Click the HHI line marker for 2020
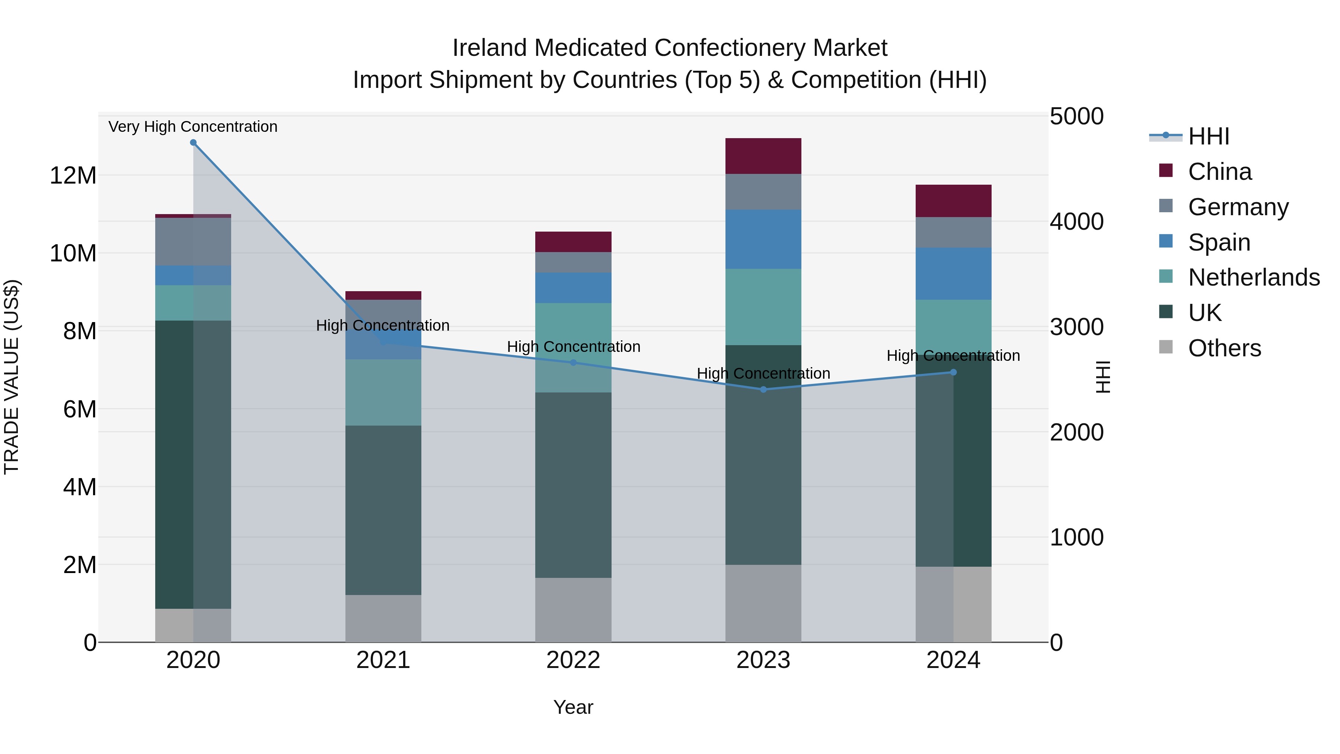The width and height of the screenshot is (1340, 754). (x=193, y=143)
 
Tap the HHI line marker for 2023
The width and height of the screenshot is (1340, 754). (x=763, y=389)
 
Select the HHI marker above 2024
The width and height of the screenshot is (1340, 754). (x=953, y=372)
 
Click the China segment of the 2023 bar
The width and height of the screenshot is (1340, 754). (x=763, y=156)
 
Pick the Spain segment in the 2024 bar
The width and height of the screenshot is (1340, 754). (x=953, y=274)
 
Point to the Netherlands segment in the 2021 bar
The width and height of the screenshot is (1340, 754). (x=383, y=392)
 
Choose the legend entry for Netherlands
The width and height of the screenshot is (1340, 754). (x=1254, y=277)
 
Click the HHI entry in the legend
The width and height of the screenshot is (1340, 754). (x=1208, y=136)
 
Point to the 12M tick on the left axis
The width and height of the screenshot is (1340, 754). (x=73, y=175)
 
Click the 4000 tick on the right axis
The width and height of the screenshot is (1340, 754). (x=1076, y=222)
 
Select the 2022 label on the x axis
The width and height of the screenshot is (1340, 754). (x=573, y=660)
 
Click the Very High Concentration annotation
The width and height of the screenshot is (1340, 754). (x=193, y=127)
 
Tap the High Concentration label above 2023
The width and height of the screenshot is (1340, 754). (x=763, y=373)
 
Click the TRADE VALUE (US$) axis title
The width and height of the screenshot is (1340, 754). (x=12, y=377)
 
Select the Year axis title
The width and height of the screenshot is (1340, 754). (x=573, y=707)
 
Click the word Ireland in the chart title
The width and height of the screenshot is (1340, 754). (x=490, y=48)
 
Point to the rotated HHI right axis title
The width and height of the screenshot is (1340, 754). (x=1102, y=377)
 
